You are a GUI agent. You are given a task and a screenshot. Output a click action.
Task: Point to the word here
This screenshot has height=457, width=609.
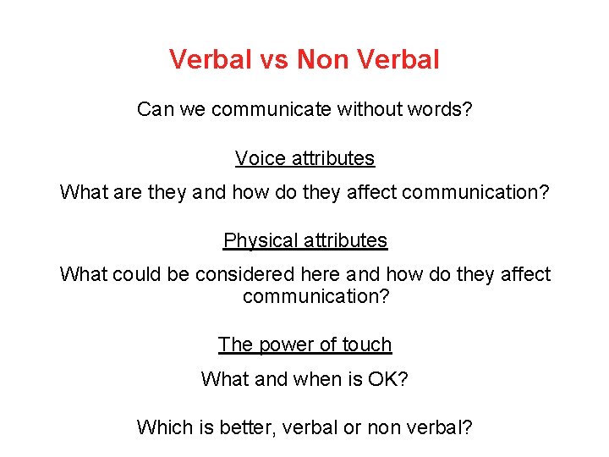(x=326, y=275)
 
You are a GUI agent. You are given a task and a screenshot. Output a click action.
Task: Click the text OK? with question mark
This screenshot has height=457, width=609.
(x=388, y=379)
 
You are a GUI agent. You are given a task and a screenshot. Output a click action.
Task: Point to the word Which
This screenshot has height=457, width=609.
(x=164, y=427)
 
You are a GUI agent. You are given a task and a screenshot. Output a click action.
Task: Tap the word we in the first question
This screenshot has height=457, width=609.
(x=192, y=110)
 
